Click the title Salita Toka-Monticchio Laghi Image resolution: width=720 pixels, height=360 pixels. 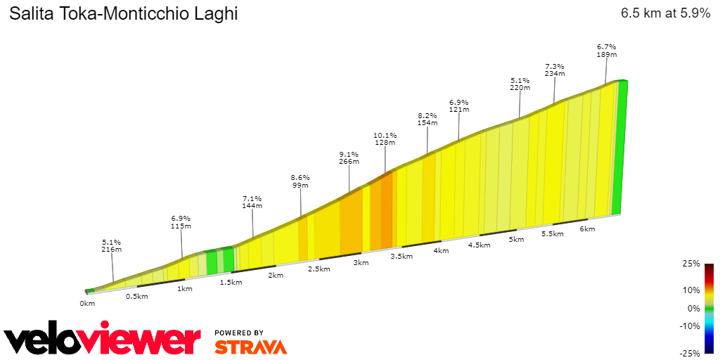pos(123,14)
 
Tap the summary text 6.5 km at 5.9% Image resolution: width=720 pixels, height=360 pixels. pos(665,13)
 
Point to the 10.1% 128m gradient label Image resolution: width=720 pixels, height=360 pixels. pos(385,139)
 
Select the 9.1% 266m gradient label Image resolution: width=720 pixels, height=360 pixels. pos(349,157)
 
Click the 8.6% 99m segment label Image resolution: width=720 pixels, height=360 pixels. pos(300,181)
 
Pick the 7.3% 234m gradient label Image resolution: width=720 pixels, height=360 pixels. pos(554,70)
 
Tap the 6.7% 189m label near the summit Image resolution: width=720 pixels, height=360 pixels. pos(606,51)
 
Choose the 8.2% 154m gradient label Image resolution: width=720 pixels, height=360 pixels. pos(427,119)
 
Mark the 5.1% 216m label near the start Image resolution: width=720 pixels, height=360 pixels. pos(112,245)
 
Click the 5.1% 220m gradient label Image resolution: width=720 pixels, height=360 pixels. pos(520,84)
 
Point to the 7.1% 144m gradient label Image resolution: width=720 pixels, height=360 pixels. pos(252,202)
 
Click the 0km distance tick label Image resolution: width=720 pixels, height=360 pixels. pos(87,304)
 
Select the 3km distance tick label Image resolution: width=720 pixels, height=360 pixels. pos(361,263)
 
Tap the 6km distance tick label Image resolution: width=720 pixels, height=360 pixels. pos(587,229)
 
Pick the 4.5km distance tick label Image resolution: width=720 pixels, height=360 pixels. pos(479,245)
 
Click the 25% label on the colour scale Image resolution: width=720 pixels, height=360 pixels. pos(692,264)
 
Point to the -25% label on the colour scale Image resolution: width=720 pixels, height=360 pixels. pos(690,353)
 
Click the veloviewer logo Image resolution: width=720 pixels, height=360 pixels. pos(103,340)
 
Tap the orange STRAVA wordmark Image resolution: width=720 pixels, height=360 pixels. pos(250,347)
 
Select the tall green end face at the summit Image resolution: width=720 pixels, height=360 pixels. pos(619,148)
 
